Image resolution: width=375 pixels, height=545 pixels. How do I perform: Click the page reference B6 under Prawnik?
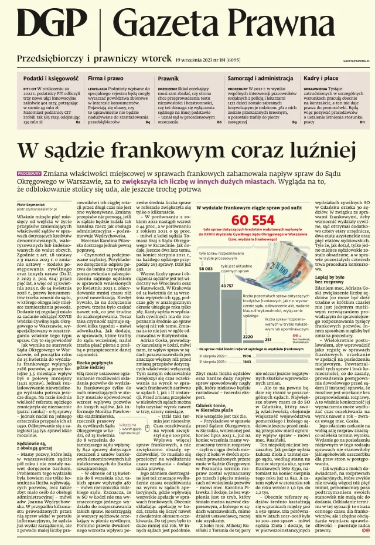coord(220,121)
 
